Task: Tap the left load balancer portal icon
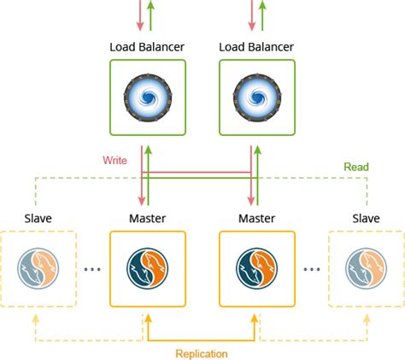click(148, 97)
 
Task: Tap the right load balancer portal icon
click(257, 97)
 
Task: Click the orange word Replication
click(202, 352)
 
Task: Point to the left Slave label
click(38, 219)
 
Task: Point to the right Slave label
click(367, 219)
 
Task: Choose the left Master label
click(148, 219)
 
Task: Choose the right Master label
click(257, 219)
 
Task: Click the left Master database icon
click(148, 269)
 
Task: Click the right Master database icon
click(257, 269)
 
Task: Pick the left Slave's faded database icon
click(38, 269)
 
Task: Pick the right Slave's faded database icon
click(367, 269)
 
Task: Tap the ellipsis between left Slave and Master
click(92, 269)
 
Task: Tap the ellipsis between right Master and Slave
click(313, 269)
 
